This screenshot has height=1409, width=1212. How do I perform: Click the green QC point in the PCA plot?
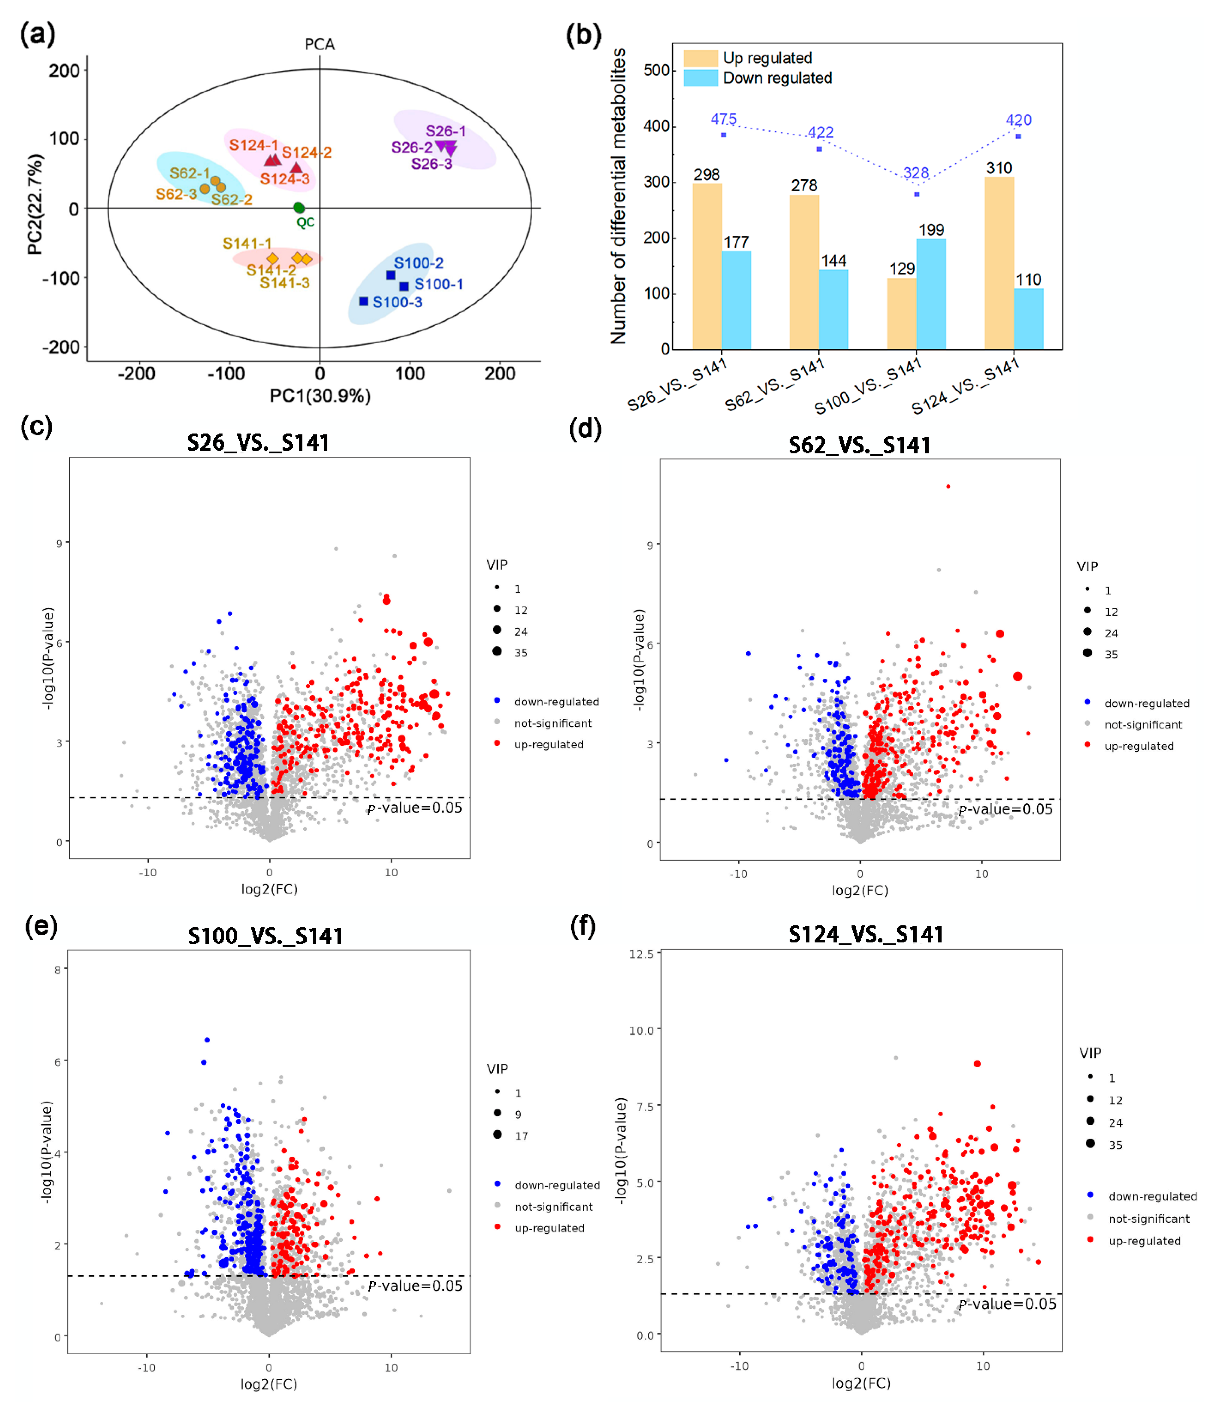tap(298, 208)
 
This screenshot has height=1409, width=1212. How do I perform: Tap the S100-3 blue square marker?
tap(364, 301)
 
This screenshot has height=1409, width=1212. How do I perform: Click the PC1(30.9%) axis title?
tap(320, 396)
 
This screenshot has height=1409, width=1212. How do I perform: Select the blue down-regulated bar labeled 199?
tap(931, 294)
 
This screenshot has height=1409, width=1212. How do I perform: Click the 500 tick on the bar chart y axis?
tap(657, 71)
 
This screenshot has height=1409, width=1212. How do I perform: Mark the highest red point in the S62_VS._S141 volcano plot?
tap(948, 486)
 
